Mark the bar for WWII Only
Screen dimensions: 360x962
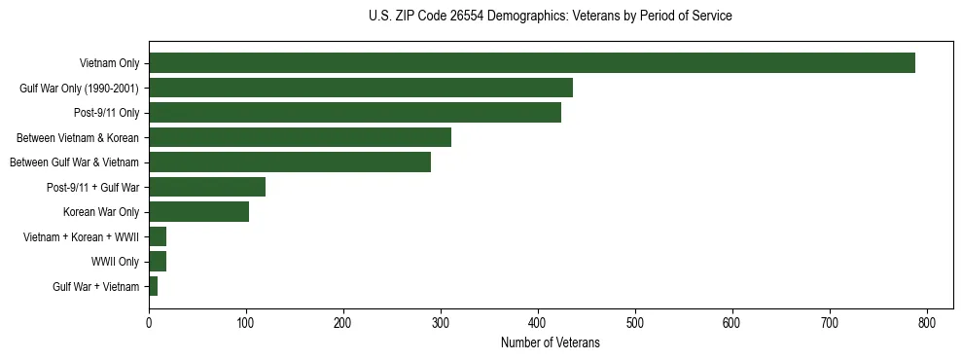158,261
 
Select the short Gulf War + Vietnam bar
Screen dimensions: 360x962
153,286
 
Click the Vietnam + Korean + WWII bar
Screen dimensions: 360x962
158,236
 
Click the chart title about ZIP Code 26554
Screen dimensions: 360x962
550,17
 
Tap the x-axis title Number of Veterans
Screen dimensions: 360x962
550,343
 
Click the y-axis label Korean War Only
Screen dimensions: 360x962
101,212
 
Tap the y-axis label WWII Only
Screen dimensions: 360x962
115,262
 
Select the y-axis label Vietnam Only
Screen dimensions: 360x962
109,63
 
